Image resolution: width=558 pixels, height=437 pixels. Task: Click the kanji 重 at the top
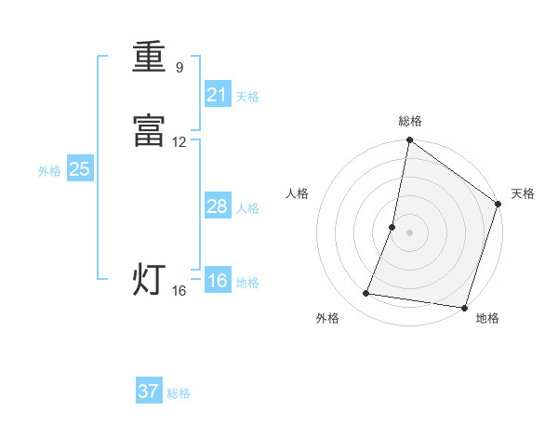(x=149, y=58)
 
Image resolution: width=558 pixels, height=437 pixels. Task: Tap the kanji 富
(x=149, y=132)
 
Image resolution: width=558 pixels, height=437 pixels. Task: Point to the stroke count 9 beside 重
(x=179, y=67)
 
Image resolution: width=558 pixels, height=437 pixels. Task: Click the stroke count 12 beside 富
(x=179, y=142)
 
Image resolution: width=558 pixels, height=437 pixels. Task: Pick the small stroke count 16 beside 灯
(x=179, y=291)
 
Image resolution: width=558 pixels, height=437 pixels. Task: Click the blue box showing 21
(x=217, y=94)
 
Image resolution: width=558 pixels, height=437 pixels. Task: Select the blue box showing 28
(x=217, y=206)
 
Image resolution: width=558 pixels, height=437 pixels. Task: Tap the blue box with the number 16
(x=217, y=281)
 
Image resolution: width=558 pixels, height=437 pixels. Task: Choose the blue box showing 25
(x=79, y=169)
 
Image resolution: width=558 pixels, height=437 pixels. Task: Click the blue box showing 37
(x=149, y=391)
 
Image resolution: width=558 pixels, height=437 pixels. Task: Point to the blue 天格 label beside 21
(x=247, y=97)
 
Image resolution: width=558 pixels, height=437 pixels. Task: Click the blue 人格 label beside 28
(x=247, y=208)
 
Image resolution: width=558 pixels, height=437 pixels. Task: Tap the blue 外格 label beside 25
(x=49, y=171)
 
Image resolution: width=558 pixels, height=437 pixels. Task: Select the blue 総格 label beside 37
(x=179, y=393)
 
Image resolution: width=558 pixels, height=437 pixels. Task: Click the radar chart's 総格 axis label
(x=410, y=121)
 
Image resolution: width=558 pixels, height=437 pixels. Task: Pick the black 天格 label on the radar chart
(x=523, y=193)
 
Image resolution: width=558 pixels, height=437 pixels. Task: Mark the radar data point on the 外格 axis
(x=366, y=294)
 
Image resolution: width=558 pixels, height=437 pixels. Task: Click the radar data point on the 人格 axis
(x=392, y=227)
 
